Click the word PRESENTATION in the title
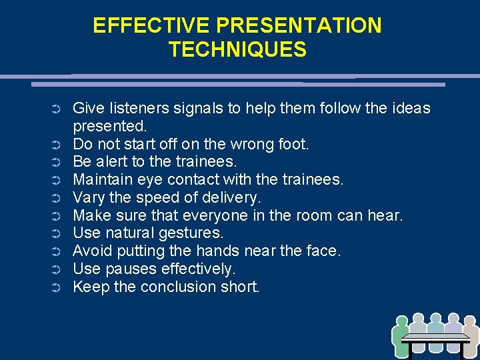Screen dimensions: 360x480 click(x=299, y=26)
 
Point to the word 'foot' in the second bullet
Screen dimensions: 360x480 click(x=293, y=144)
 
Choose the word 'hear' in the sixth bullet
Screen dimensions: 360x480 click(x=387, y=216)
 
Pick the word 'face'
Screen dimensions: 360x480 click(x=322, y=251)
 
